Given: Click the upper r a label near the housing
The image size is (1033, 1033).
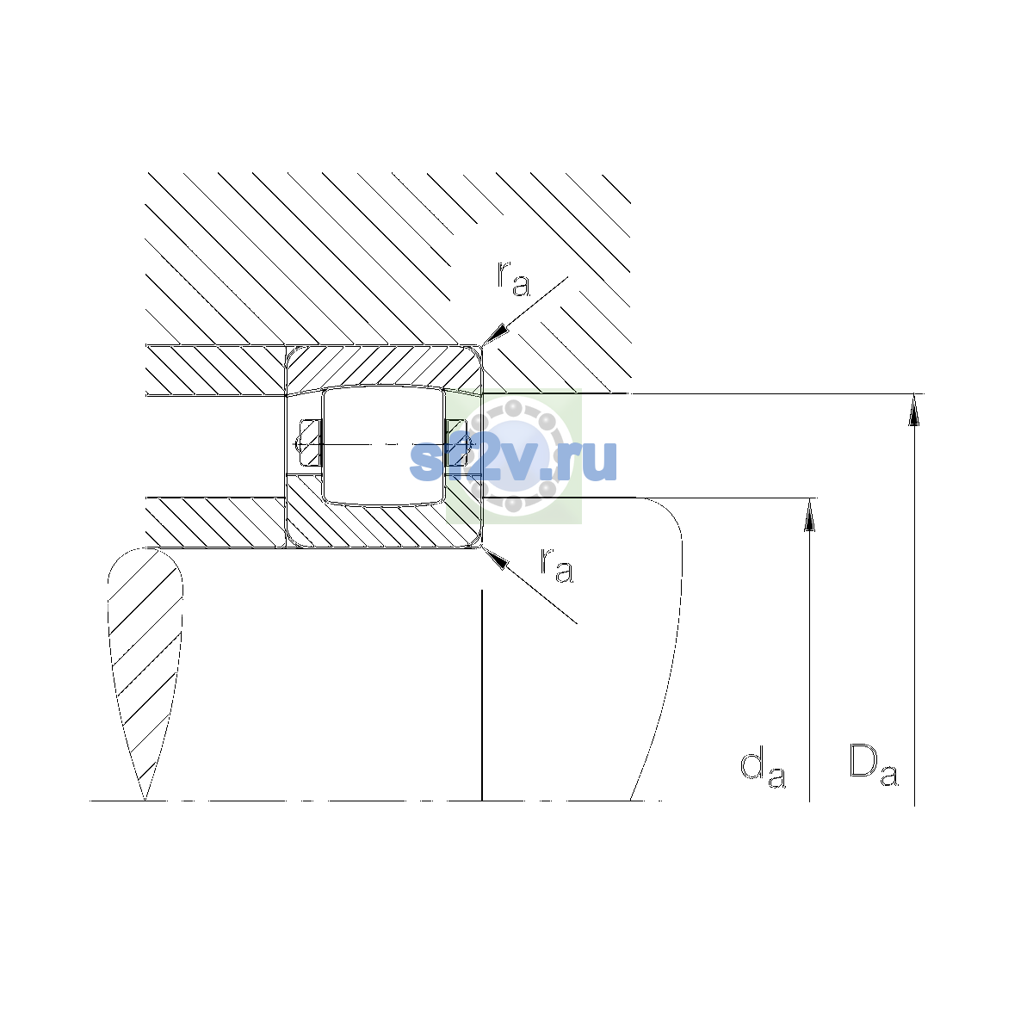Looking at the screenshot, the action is [513, 279].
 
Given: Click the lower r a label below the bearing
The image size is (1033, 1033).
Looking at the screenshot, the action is [556, 565].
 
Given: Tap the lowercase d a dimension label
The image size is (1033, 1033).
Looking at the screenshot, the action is [763, 770].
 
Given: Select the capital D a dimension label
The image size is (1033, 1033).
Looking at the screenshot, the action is [873, 765].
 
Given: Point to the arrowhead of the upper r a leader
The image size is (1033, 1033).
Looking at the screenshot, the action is [494, 334].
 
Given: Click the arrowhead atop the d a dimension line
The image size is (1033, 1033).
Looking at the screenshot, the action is [809, 514].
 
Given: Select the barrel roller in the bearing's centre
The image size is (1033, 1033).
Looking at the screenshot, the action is [383, 445].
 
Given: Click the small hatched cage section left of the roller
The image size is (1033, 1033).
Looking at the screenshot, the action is [310, 442].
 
